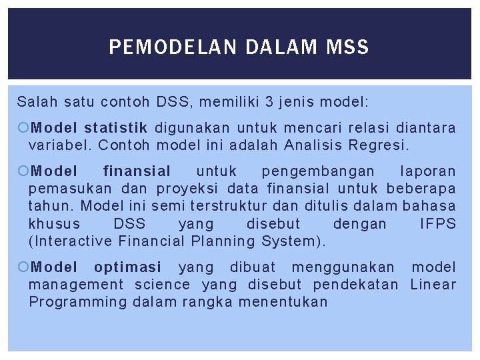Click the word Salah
click(37, 102)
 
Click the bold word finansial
click(137, 171)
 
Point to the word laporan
click(429, 171)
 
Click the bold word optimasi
click(127, 267)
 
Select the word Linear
click(433, 285)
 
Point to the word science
click(162, 285)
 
